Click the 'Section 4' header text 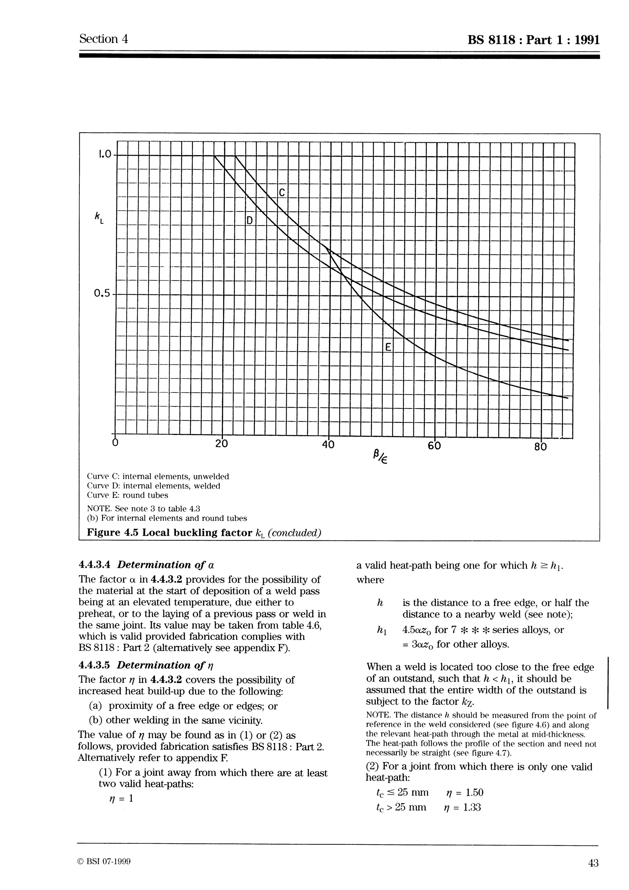coord(104,39)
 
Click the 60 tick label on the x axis coord(435,446)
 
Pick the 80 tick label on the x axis coord(541,447)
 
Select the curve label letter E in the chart coord(388,347)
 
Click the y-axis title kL coord(99,217)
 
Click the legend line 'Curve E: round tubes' coord(127,495)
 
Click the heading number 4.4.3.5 coord(94,665)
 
